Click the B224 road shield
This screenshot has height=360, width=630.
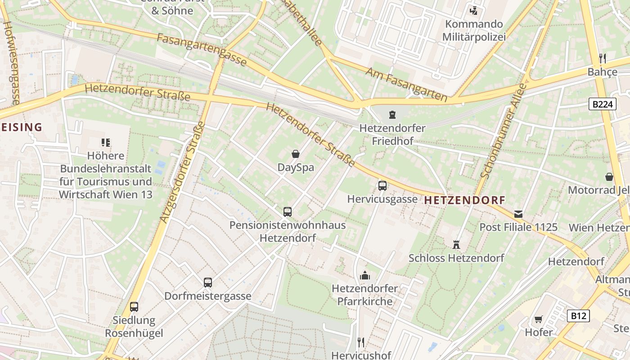(x=602, y=104)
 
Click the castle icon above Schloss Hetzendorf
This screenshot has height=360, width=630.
(x=456, y=245)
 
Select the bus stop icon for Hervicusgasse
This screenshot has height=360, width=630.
(x=382, y=185)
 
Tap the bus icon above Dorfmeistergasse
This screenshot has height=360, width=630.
(x=207, y=283)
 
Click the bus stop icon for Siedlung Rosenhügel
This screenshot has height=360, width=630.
(x=134, y=307)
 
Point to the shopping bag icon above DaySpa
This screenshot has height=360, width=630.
(x=296, y=154)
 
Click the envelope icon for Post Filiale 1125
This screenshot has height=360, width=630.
(x=518, y=214)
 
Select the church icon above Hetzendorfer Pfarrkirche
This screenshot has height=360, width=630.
(x=365, y=275)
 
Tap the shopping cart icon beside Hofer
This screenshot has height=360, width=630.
(x=538, y=319)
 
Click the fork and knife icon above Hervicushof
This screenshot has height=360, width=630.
(x=361, y=342)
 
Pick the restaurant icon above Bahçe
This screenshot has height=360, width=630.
(x=603, y=58)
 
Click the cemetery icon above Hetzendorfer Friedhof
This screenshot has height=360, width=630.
(x=392, y=115)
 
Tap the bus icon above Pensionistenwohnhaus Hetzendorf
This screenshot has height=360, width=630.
(x=288, y=211)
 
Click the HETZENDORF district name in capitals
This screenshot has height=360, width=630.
(x=464, y=200)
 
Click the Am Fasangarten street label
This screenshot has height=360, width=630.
(x=406, y=85)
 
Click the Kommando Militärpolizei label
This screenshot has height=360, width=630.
(x=473, y=30)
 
